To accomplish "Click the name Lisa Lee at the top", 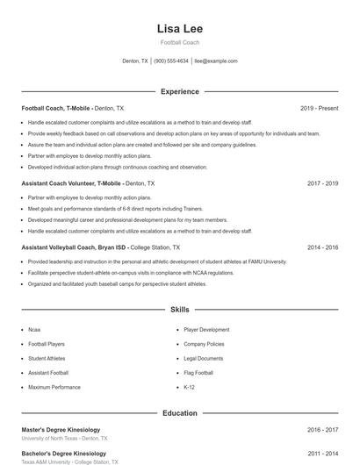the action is click(x=179, y=28).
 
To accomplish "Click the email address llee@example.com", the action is click(x=216, y=61).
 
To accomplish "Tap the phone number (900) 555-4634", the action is click(x=171, y=61).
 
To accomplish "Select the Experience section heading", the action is click(x=179, y=91).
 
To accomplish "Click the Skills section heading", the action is click(x=179, y=310).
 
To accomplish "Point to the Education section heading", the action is click(x=179, y=412).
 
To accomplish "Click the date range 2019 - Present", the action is click(x=319, y=108).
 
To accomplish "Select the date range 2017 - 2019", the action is click(x=322, y=184).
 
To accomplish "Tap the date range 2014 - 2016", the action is click(x=322, y=247).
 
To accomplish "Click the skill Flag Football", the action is click(x=198, y=373).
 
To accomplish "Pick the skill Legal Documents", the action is click(x=204, y=359).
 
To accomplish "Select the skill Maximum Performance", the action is click(x=54, y=387).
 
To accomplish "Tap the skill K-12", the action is click(x=189, y=387).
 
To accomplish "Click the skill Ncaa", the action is click(x=34, y=330).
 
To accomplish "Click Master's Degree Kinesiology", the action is click(x=61, y=430).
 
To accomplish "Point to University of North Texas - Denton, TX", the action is click(x=65, y=438).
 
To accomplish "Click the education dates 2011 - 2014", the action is click(x=322, y=454).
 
